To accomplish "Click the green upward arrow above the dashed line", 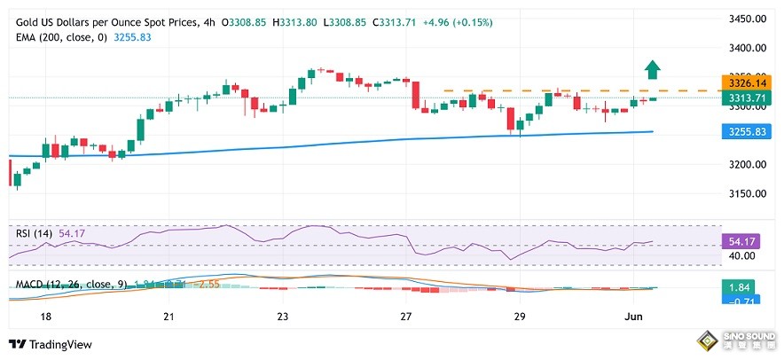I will click(652, 69).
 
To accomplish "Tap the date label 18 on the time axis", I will click(46, 317).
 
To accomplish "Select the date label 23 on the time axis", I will click(283, 317).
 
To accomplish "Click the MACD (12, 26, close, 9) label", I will click(71, 285).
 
